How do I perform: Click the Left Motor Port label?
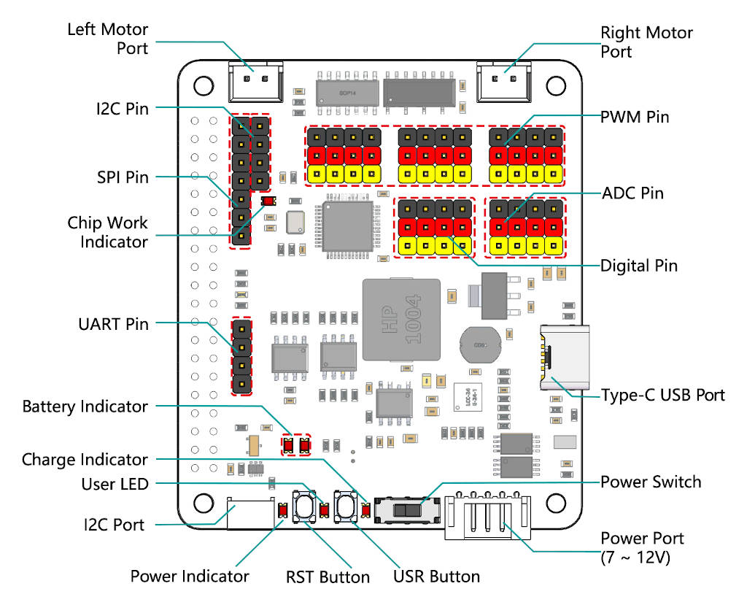pyautogui.click(x=107, y=39)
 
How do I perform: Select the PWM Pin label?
pyautogui.click(x=635, y=117)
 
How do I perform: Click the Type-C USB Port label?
pyautogui.click(x=662, y=395)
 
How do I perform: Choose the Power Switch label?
pyautogui.click(x=651, y=482)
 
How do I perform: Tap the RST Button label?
pyautogui.click(x=328, y=577)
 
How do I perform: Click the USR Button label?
pyautogui.click(x=436, y=577)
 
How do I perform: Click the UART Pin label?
pyautogui.click(x=113, y=323)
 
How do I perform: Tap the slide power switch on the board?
pyautogui.click(x=406, y=509)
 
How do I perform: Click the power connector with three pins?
pyautogui.click(x=484, y=515)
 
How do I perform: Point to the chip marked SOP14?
pyautogui.click(x=347, y=92)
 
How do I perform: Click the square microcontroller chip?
pyautogui.click(x=346, y=226)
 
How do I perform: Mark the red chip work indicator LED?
pyautogui.click(x=268, y=201)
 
